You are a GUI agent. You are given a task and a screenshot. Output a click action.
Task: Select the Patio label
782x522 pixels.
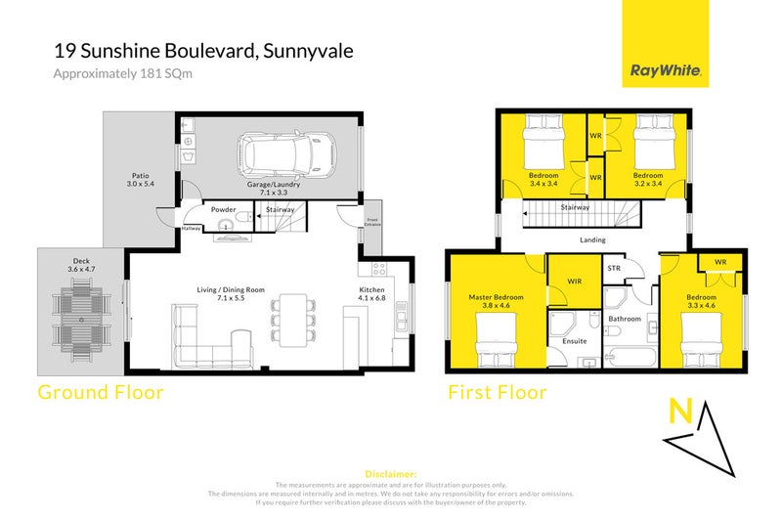[141, 179]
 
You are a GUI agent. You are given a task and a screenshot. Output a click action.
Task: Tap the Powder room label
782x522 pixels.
[223, 208]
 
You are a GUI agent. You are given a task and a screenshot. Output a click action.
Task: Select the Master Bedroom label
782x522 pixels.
[496, 297]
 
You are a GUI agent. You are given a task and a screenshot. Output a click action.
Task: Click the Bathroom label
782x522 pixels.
[625, 319]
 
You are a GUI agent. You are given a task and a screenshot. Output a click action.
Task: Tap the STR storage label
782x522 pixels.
[614, 268]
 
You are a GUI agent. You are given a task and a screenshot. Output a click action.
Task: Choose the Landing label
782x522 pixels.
[592, 239]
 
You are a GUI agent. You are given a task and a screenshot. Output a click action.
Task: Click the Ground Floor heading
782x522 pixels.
[100, 393]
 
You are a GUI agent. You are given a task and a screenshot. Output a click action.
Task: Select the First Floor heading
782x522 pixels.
[498, 393]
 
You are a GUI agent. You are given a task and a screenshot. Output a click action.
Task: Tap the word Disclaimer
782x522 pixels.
[391, 473]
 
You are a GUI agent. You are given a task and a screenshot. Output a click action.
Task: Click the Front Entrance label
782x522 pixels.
[371, 222]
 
